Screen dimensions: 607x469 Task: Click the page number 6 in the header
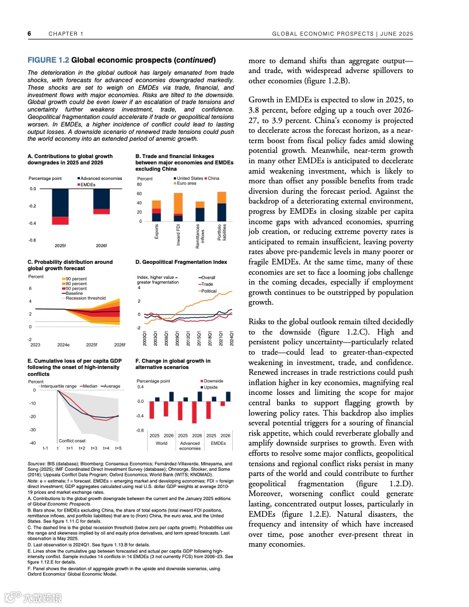[x=29, y=34]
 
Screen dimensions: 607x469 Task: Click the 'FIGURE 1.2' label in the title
[x=48, y=60]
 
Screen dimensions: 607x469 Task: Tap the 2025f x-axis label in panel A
[x=60, y=245]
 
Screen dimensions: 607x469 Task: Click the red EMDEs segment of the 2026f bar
[x=101, y=212]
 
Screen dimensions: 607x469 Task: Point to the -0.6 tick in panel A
[x=32, y=240]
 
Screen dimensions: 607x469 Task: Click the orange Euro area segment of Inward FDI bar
[x=178, y=203]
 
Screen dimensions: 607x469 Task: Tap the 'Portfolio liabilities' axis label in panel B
[x=222, y=233]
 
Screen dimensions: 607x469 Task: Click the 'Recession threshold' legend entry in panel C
[x=86, y=298]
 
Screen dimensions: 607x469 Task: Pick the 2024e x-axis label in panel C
[x=63, y=344]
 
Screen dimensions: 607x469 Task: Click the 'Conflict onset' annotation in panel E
[x=72, y=440]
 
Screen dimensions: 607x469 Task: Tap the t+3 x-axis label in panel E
[x=94, y=448]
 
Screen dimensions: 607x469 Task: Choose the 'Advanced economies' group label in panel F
[x=190, y=446]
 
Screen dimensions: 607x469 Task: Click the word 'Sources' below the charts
[x=38, y=463]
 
